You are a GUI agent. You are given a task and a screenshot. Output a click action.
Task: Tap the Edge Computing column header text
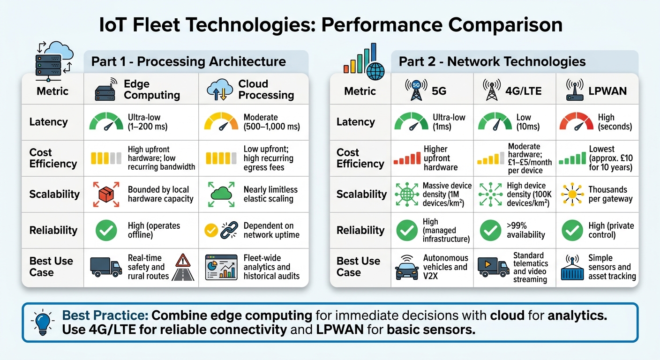pyautogui.click(x=151, y=89)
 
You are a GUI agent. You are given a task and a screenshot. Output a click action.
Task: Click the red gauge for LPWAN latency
pyautogui.click(x=576, y=122)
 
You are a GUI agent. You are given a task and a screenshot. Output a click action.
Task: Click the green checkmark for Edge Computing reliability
pyautogui.click(x=106, y=230)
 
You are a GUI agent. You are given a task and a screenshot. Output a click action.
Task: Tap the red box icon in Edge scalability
pyautogui.click(x=106, y=194)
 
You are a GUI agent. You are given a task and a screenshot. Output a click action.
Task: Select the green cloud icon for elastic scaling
pyautogui.click(x=221, y=194)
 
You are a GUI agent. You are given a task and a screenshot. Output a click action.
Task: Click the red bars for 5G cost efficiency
pyautogui.click(x=406, y=158)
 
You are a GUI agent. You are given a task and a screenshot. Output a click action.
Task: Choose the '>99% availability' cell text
pyautogui.click(x=525, y=230)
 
